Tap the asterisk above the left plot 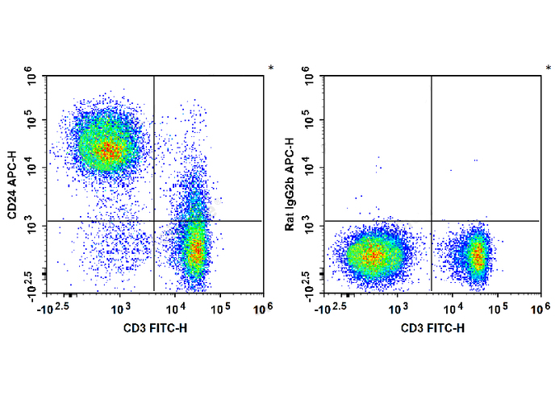pos(271,69)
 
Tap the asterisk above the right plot pos(549,69)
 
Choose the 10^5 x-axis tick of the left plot pos(223,309)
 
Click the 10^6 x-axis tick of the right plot pos(540,309)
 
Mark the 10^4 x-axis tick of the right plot pos(453,309)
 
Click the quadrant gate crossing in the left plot pos(153,220)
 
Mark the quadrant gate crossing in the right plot pos(432,220)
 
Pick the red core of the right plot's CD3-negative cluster pos(373,256)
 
